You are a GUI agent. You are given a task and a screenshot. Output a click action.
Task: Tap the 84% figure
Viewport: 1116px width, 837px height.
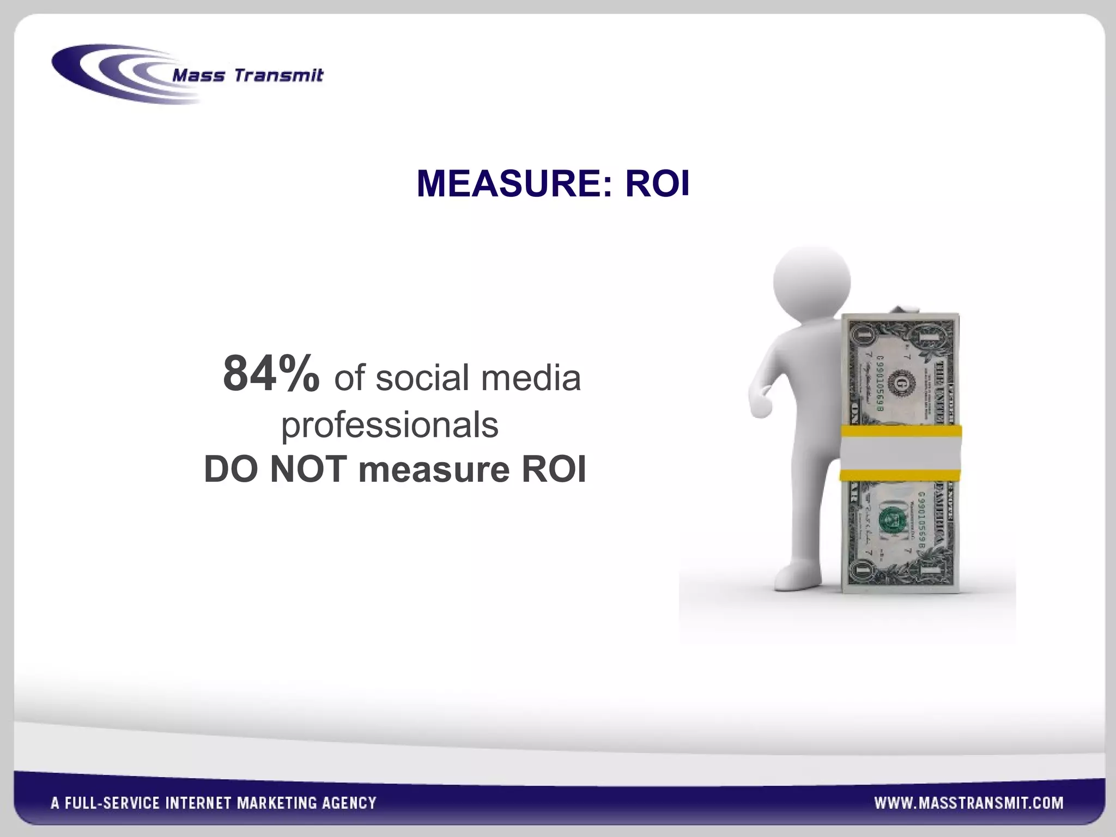click(271, 374)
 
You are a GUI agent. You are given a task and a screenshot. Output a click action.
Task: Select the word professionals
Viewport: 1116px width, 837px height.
click(390, 426)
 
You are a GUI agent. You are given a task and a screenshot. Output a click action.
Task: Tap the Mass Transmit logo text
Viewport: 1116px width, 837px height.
click(247, 75)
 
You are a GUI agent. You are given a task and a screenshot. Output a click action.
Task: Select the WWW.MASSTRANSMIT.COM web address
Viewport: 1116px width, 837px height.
click(969, 803)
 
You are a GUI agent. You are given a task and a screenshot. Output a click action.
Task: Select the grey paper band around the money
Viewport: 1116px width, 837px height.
click(900, 453)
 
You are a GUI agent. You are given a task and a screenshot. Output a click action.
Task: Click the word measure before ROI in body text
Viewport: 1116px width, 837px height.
click(434, 469)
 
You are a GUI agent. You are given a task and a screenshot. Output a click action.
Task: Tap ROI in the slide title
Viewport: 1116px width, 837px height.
click(657, 184)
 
